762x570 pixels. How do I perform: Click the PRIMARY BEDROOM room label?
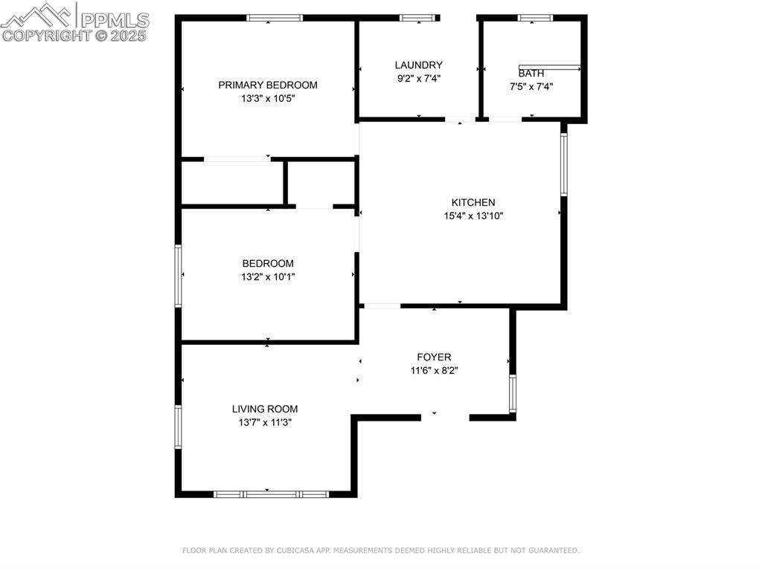click(268, 85)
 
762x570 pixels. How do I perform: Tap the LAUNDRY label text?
click(418, 65)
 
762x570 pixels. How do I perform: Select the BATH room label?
click(531, 74)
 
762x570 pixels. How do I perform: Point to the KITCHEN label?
click(473, 202)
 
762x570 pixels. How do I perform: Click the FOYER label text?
click(434, 357)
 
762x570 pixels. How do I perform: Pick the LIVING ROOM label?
click(265, 409)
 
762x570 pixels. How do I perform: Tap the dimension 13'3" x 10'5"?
click(268, 99)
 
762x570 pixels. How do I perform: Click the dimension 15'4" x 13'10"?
click(473, 216)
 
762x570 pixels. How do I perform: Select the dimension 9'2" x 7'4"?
click(419, 78)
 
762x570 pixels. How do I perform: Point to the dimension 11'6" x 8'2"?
click(435, 370)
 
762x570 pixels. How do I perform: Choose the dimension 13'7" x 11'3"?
click(265, 422)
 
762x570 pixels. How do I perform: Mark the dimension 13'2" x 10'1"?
click(268, 276)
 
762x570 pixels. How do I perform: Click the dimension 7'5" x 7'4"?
click(531, 87)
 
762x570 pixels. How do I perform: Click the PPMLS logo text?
click(115, 20)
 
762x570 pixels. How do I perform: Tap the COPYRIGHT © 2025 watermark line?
click(74, 36)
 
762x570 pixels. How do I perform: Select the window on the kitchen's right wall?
click(564, 164)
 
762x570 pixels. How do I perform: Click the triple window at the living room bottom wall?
click(272, 494)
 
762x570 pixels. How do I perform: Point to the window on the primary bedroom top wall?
click(275, 18)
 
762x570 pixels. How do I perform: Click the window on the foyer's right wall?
click(512, 393)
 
